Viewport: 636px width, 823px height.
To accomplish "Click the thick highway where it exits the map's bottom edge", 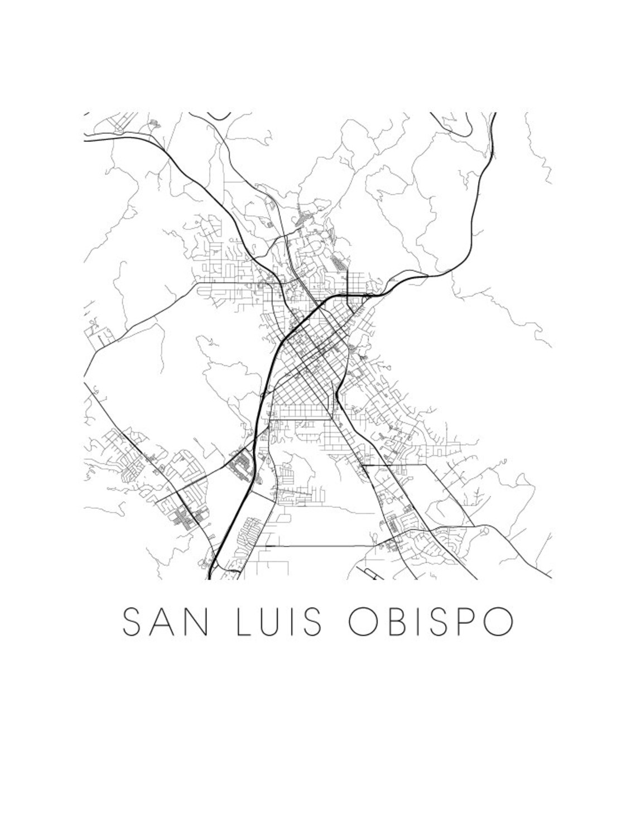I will pyautogui.click(x=210, y=577).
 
